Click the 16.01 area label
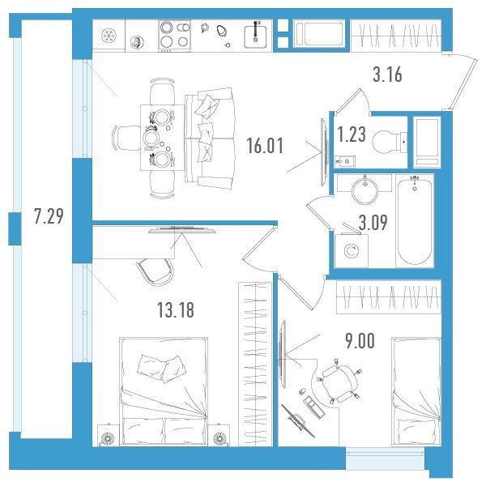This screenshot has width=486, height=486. coord(265,146)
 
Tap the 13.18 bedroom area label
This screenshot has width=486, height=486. coord(176,309)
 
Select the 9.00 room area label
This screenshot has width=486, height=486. coord(360,341)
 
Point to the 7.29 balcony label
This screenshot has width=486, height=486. coord(49,216)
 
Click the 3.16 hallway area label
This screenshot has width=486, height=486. coord(387,75)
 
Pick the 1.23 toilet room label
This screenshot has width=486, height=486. coord(352,134)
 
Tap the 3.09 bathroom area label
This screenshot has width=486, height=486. coord(373,222)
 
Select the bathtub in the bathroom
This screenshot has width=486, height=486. coord(415,220)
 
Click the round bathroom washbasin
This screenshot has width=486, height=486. coord(364,190)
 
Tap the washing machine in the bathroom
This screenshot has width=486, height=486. coord(352,250)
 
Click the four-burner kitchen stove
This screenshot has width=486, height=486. coord(174,36)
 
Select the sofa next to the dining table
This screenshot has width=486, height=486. coord(210,139)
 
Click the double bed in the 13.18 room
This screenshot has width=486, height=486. coord(164,392)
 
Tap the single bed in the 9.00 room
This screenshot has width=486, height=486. coord(416,392)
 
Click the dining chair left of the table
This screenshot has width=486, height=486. coord(127,139)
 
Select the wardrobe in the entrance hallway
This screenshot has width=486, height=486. coord(396,36)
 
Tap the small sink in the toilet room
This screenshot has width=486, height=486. coord(345,161)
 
